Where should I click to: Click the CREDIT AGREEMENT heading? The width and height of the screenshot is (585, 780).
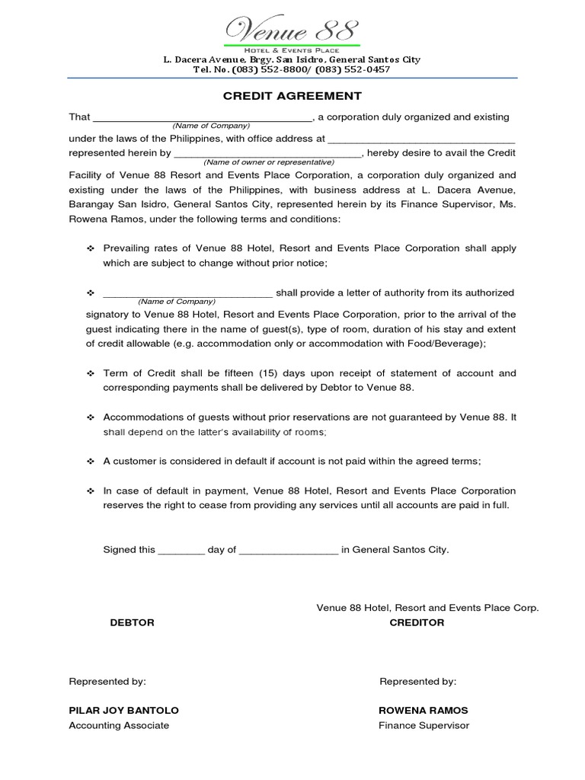292,96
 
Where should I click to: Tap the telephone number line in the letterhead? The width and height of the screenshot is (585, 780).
292,69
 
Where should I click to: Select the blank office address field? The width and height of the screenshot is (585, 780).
420,140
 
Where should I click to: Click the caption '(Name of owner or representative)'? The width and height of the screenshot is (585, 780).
268,162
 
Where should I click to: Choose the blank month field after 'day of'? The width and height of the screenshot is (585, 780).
289,549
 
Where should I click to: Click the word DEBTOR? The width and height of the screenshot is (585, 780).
133,622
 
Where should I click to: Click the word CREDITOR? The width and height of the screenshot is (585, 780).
417,622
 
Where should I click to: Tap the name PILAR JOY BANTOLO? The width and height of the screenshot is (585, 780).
123,710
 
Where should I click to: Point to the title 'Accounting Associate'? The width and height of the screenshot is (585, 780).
119,725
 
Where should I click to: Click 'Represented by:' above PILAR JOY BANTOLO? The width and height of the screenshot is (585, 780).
107,681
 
